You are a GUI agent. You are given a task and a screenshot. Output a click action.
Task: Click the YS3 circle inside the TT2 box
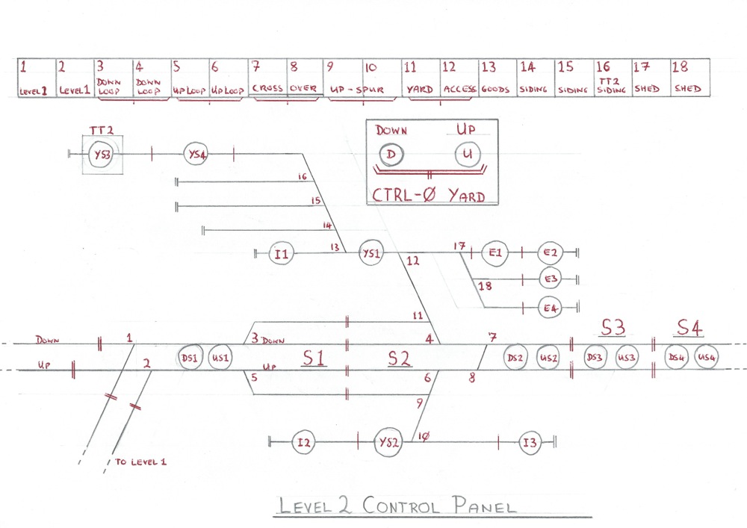click(102, 155)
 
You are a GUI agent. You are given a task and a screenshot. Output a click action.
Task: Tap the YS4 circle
click(196, 155)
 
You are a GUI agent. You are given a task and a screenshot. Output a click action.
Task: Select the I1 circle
click(281, 254)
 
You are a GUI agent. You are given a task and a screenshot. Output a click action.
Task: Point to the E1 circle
click(494, 254)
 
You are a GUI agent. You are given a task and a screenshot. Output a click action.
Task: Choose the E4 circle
click(551, 307)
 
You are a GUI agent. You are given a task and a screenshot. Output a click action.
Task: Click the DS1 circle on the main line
click(190, 358)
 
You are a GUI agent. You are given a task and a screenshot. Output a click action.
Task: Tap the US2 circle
click(548, 358)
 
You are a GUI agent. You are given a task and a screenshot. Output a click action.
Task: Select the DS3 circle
click(595, 358)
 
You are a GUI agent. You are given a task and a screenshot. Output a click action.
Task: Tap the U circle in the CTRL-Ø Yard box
click(468, 155)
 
